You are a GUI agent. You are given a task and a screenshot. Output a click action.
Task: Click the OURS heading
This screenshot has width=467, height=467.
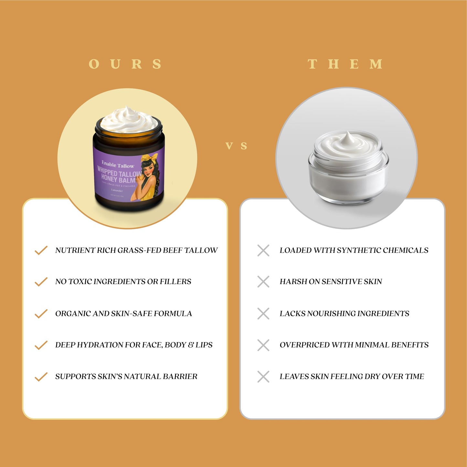[125, 64]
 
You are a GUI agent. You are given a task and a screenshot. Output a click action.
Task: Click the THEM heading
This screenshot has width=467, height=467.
[345, 64]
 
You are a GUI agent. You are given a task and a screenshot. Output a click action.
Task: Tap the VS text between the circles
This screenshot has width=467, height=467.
[236, 146]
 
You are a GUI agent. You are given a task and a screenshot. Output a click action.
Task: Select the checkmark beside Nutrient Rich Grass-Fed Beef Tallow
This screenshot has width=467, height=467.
[41, 250]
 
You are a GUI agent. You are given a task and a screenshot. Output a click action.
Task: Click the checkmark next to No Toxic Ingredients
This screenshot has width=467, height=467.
[41, 281]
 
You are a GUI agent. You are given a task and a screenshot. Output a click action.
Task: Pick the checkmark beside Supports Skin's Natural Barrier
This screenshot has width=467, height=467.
[41, 377]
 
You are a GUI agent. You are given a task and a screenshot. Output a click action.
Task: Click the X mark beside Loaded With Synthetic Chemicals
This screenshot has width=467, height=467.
[263, 250]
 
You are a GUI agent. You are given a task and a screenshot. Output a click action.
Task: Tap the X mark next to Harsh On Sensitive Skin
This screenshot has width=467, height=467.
[263, 281]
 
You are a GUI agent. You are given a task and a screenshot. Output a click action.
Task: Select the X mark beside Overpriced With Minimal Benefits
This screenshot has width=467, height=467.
[263, 345]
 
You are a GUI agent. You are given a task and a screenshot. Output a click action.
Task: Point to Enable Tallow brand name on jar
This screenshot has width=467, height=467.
[118, 165]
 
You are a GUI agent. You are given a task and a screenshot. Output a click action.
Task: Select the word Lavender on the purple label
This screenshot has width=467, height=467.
[117, 191]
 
